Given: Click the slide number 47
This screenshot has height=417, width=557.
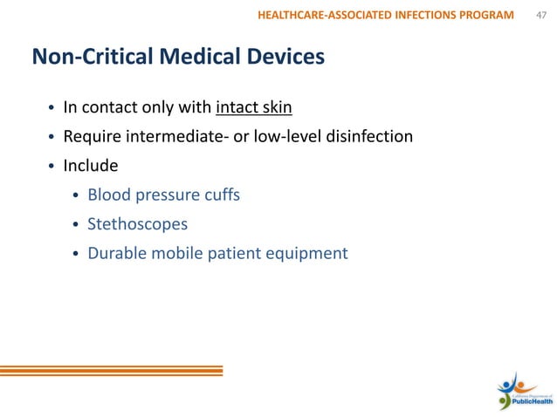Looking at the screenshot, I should [540, 14].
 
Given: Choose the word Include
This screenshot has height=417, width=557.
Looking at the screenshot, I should [91, 165].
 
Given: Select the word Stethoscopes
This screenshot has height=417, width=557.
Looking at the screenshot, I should [137, 224].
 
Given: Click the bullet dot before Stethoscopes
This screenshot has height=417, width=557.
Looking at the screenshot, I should [76, 225].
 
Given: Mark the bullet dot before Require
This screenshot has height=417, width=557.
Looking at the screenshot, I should [52, 137].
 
